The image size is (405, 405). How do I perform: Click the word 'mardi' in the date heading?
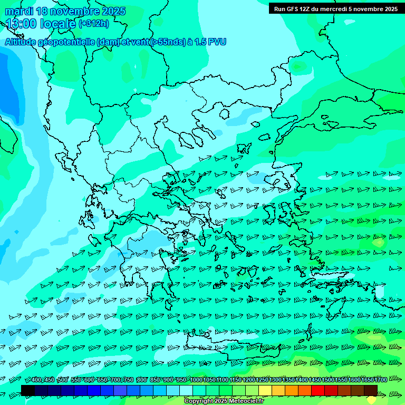(19, 11)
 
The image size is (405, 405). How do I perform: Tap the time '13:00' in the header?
(21, 24)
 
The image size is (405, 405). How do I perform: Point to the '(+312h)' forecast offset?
(94, 23)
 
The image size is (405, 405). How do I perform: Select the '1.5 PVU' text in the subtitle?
(208, 42)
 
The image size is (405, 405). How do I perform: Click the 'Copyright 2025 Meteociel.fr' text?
(224, 401)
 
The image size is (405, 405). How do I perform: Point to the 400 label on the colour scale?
(36, 380)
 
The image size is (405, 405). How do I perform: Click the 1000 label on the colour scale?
(196, 380)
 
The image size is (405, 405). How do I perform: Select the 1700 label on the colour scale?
(381, 380)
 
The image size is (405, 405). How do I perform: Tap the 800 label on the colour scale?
(142, 380)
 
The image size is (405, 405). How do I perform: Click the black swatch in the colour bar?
(28, 390)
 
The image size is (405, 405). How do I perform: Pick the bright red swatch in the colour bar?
(318, 390)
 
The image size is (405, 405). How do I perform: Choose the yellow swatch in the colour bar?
(265, 390)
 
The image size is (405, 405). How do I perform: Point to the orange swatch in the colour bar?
(292, 390)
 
